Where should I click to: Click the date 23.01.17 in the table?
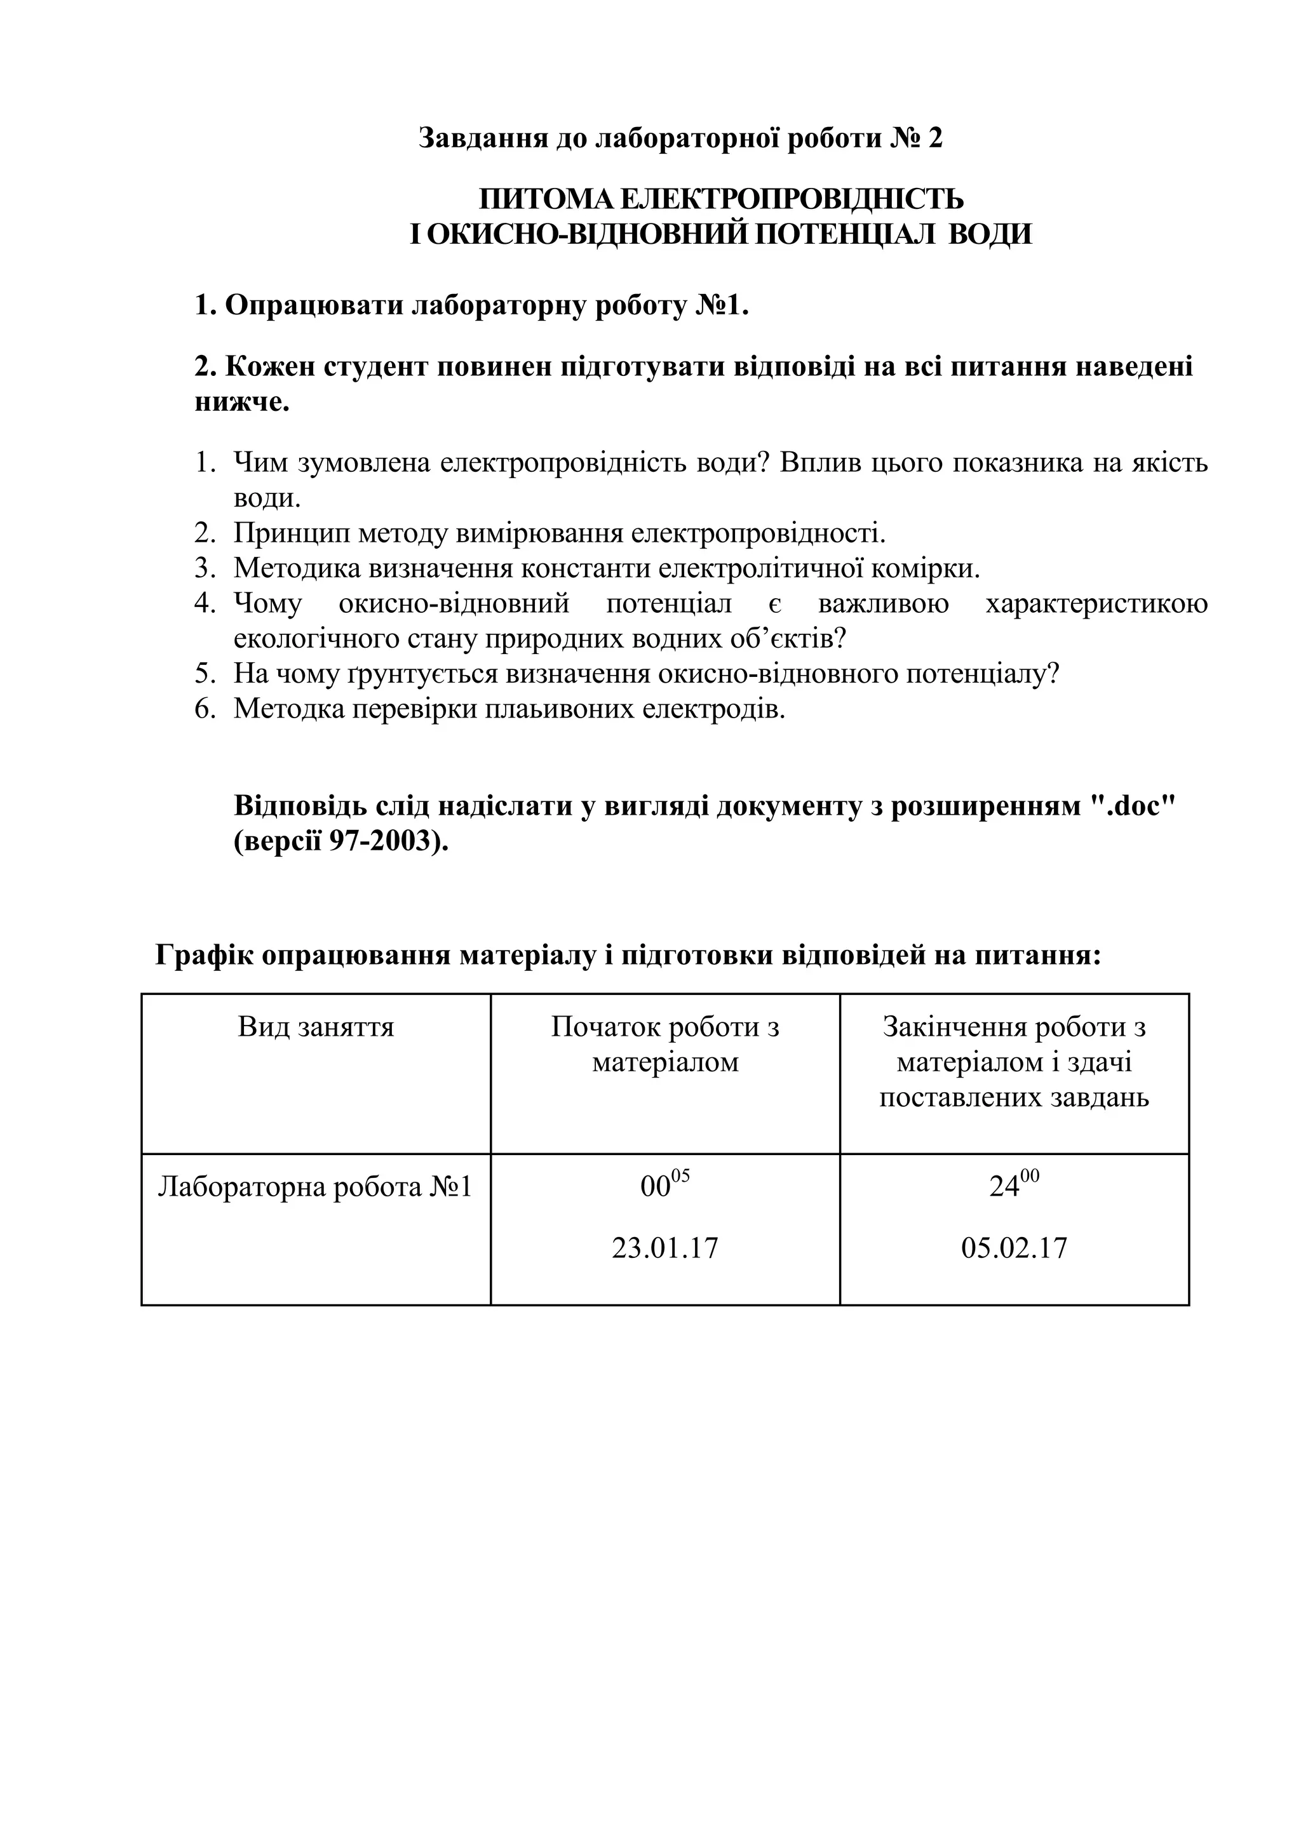pos(665,1248)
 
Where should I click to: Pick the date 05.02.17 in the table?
pos(1015,1248)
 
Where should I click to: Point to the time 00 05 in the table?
pos(665,1184)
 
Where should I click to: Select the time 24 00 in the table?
pos(1015,1184)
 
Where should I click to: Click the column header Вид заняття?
pos(316,1027)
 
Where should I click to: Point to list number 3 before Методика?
pos(205,569)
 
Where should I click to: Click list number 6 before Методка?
pos(205,709)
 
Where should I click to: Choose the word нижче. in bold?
pos(242,402)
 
